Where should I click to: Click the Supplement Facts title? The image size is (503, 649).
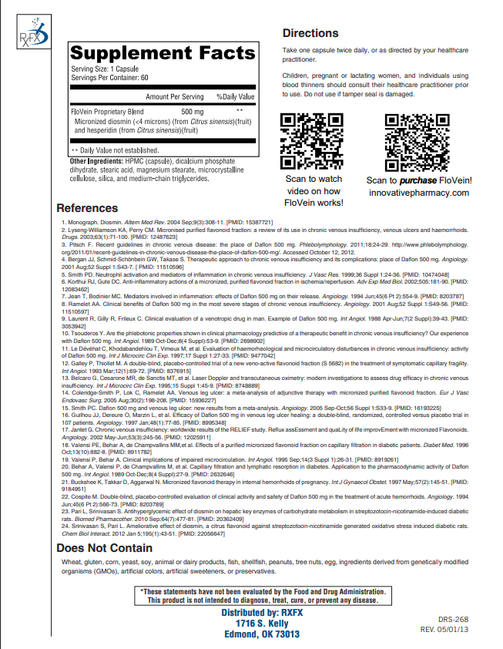tap(163, 55)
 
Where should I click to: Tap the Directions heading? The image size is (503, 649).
tap(310, 33)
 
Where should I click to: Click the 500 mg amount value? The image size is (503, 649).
tap(192, 112)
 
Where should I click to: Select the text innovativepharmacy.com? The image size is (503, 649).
tap(418, 193)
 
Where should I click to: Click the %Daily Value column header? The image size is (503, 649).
tap(235, 96)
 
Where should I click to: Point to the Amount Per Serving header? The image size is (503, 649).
tap(175, 96)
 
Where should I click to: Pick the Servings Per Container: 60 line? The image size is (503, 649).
tap(110, 77)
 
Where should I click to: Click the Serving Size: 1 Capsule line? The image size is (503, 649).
tap(105, 69)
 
